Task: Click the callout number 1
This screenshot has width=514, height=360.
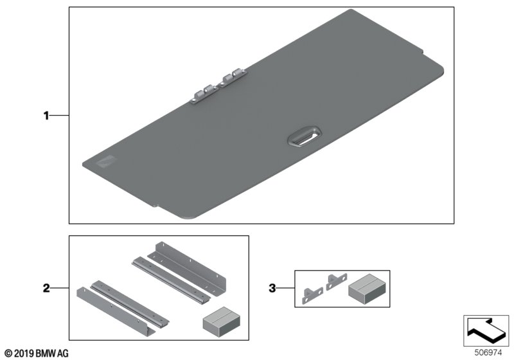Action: click(46, 116)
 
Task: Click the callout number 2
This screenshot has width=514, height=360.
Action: click(46, 288)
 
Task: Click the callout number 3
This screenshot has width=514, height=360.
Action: click(272, 288)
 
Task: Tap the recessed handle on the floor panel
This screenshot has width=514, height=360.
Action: click(305, 136)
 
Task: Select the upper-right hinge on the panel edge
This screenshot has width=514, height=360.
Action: click(233, 78)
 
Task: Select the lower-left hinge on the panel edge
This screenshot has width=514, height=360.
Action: click(204, 94)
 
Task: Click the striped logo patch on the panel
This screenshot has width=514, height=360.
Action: click(106, 161)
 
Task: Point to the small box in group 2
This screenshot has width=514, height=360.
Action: click(221, 321)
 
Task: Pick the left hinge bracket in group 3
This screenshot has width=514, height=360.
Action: click(312, 295)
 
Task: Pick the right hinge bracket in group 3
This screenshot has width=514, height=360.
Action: click(336, 282)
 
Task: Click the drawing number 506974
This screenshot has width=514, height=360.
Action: click(488, 353)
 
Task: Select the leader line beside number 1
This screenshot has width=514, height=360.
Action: click(59, 116)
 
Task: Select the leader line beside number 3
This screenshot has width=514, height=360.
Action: click(285, 288)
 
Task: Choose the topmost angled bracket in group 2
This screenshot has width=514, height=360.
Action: click(187, 269)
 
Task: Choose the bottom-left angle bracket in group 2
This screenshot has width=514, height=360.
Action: click(116, 312)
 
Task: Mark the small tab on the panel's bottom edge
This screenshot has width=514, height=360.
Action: click(155, 206)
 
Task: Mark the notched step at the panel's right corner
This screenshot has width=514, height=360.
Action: click(421, 50)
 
